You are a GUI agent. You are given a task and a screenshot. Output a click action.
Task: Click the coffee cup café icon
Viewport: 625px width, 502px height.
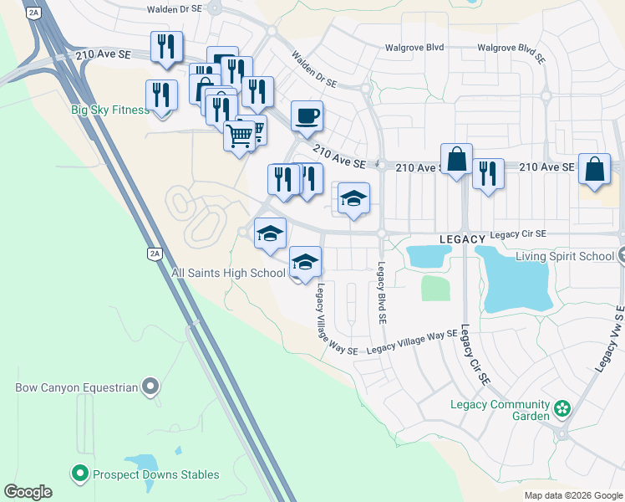pos(307,115)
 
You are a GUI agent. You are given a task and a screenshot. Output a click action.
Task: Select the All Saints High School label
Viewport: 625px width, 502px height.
pos(228,273)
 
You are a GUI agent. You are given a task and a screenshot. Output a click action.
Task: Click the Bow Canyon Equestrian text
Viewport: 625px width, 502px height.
pos(76,387)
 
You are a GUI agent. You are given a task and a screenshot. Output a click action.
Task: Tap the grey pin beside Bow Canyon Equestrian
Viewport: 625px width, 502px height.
pos(150,387)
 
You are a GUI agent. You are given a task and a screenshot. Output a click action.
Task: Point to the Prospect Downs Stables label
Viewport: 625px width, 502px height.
pos(155,474)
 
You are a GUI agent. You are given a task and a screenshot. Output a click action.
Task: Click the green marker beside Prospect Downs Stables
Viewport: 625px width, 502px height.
pos(80,474)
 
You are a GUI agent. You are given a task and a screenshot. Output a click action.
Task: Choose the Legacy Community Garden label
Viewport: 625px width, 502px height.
pos(500,405)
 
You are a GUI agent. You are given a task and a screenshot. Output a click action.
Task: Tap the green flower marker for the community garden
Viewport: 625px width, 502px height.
pos(562,410)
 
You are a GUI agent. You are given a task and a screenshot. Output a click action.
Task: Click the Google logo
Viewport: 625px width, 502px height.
pos(28,492)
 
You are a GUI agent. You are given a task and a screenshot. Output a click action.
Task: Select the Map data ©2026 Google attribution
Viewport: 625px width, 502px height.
pos(573,495)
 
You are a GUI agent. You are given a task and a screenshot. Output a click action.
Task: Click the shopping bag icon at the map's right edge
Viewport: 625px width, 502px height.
pos(592,168)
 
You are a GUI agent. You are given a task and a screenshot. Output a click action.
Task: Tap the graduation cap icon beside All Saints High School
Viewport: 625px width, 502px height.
pos(305,261)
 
